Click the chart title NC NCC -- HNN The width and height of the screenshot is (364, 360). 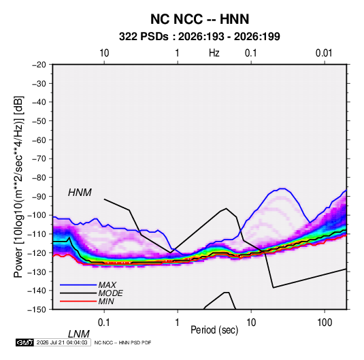[x=199, y=19]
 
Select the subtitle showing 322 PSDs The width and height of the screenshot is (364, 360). [x=199, y=37]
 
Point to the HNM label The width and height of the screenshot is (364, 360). [x=80, y=193]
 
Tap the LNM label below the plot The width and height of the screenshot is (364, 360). [x=78, y=334]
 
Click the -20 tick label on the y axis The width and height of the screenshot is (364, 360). [x=39, y=65]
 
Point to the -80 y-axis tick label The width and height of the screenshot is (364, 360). [x=39, y=178]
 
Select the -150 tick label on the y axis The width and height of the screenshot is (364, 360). [x=37, y=310]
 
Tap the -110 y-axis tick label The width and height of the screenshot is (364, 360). [x=37, y=234]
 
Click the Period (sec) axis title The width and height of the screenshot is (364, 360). [x=214, y=330]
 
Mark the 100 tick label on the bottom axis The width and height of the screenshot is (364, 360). [x=325, y=323]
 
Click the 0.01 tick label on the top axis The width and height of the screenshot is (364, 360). [x=324, y=53]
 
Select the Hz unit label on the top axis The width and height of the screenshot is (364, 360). [x=214, y=53]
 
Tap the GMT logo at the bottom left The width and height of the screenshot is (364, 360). [x=24, y=342]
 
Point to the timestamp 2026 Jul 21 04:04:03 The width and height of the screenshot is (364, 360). [x=62, y=342]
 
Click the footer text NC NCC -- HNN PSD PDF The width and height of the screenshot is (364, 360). [x=122, y=342]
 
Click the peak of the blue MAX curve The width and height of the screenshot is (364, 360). [x=282, y=189]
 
